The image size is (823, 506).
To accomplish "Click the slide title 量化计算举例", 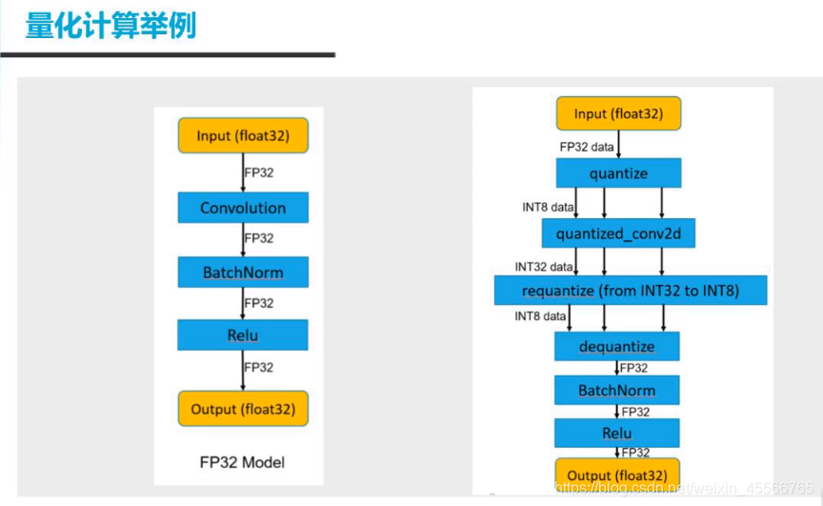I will [110, 25].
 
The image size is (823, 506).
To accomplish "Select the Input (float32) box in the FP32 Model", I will [243, 136].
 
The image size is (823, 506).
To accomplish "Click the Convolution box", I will [243, 208].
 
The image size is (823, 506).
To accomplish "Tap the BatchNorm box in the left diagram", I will [243, 273].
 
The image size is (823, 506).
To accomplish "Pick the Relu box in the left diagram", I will [243, 335].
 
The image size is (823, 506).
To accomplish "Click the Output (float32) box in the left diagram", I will [243, 409].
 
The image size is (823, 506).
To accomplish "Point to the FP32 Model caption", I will [243, 462].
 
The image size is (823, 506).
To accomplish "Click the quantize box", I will [618, 173].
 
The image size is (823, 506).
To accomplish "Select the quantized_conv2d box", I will [618, 233].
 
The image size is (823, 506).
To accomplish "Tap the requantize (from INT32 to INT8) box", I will [631, 291].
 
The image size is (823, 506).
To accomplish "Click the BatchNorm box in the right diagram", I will [617, 390].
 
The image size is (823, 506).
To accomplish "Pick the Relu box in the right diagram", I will [617, 434].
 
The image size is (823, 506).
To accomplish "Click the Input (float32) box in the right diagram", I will [618, 114].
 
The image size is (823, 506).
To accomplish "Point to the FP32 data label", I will [587, 147].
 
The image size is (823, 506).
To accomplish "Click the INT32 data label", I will [544, 266].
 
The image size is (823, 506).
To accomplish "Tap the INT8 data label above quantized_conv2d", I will [548, 207].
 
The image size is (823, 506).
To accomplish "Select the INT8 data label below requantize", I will [541, 315].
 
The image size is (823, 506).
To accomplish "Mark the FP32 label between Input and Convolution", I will [259, 173].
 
